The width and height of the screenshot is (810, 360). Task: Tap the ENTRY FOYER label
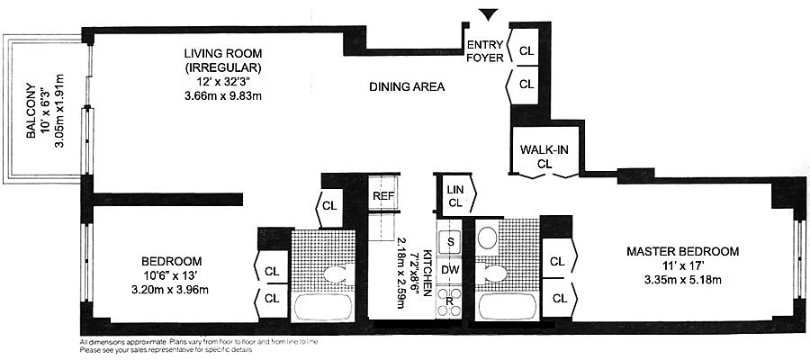[484, 51]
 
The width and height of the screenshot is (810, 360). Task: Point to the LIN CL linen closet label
[455, 196]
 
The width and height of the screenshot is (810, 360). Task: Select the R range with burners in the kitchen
[449, 301]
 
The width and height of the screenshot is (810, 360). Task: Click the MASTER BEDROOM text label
[683, 251]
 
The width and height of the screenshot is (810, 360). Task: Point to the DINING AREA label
[408, 86]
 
